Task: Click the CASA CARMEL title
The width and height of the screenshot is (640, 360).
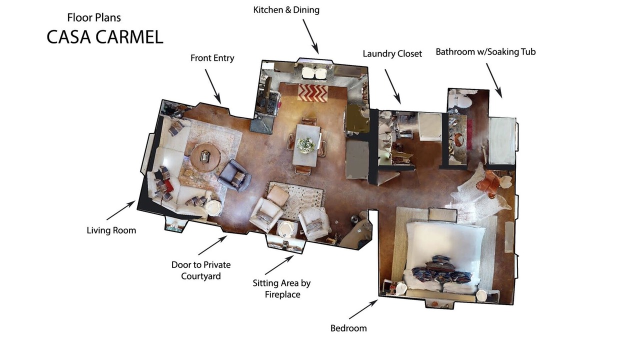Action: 105,37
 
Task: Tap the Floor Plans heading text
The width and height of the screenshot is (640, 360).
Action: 94,17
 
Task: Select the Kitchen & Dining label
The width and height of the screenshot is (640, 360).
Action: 286,10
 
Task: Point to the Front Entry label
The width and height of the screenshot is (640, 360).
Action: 212,58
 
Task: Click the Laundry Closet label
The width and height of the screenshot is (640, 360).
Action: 392,53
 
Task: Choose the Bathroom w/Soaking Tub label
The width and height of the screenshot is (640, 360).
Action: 485,52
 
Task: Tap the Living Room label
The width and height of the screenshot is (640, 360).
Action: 111,230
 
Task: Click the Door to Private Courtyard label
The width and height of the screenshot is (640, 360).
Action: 201,270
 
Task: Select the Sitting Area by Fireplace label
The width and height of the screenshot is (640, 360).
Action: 282,288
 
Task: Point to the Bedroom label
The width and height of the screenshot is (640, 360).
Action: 348,328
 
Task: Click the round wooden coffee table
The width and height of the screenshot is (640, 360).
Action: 205,157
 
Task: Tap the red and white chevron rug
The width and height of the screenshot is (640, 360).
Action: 313,92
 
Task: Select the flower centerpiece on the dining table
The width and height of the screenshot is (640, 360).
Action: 306,145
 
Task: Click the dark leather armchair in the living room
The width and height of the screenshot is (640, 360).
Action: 235,175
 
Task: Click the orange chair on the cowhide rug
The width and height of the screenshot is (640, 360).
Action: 488,183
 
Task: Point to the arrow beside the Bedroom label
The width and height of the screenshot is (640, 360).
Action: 363,309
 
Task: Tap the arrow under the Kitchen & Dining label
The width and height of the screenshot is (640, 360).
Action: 311,36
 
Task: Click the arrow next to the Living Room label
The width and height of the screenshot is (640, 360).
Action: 121,210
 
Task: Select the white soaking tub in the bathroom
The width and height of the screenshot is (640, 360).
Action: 501,141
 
